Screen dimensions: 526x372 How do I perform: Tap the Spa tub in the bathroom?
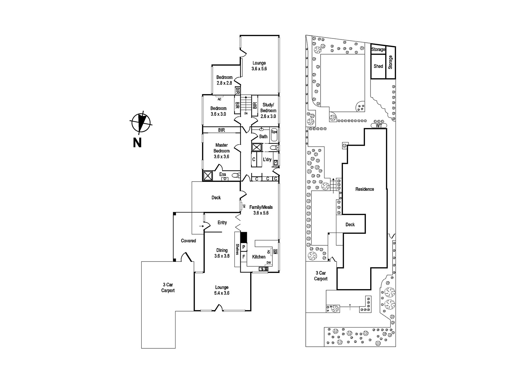click(274, 135)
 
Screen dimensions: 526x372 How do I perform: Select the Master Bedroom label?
click(222, 148)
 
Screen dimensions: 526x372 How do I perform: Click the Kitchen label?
click(259, 257)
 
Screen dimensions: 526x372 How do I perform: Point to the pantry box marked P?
click(244, 247)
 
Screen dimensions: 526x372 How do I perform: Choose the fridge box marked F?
click(244, 257)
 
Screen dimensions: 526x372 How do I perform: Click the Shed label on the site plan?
click(378, 66)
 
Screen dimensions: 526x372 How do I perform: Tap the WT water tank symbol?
click(379, 126)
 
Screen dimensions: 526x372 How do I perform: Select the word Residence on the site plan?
click(365, 189)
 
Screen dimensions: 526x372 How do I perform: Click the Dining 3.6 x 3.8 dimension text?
click(222, 256)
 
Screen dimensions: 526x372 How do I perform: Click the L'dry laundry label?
click(267, 160)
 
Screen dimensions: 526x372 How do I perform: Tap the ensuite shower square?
click(208, 176)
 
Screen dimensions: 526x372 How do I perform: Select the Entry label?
click(222, 223)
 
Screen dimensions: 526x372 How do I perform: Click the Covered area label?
click(188, 241)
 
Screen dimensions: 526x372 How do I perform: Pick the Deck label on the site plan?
click(350, 225)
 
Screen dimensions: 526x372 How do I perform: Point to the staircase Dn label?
click(246, 113)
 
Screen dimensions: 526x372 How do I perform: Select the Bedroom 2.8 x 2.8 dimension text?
click(224, 83)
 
